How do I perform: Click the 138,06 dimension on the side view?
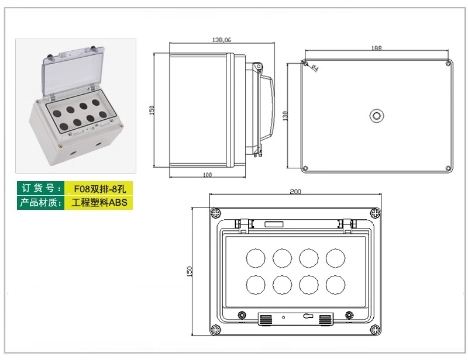[x=222, y=40]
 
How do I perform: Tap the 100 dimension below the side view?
[x=207, y=175]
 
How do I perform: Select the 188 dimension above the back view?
[x=376, y=48]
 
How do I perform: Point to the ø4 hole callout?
[x=315, y=68]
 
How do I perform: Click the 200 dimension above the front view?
[x=295, y=192]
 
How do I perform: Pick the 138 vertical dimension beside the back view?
[x=285, y=116]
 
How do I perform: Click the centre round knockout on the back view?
[x=377, y=116]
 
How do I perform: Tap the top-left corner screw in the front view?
[x=215, y=213]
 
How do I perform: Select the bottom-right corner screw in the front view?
[x=375, y=330]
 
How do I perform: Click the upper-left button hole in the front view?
[x=256, y=258]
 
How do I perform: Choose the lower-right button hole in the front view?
[x=335, y=285]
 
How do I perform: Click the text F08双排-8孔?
[x=100, y=189]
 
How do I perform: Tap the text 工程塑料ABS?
[x=99, y=203]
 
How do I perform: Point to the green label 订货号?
[x=41, y=188]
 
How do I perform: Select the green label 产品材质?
[x=41, y=203]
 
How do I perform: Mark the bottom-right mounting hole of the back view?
[x=448, y=168]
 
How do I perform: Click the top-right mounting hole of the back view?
[x=448, y=63]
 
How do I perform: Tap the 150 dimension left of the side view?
[x=152, y=110]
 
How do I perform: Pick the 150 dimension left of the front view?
[x=189, y=271]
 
